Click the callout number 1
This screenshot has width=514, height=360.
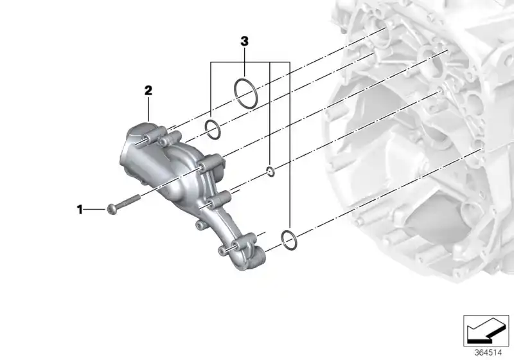pos(80,209)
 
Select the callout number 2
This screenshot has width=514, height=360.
pos(148,91)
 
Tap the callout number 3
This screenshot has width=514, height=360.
pos(244,42)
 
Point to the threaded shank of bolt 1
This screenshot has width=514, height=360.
pos(130,201)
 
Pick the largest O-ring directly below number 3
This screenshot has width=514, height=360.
pos(246,93)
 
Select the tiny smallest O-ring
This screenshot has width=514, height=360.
pos(270,170)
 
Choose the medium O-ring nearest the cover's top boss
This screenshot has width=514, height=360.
pos(213,129)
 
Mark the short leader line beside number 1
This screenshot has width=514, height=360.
pos(95,209)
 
